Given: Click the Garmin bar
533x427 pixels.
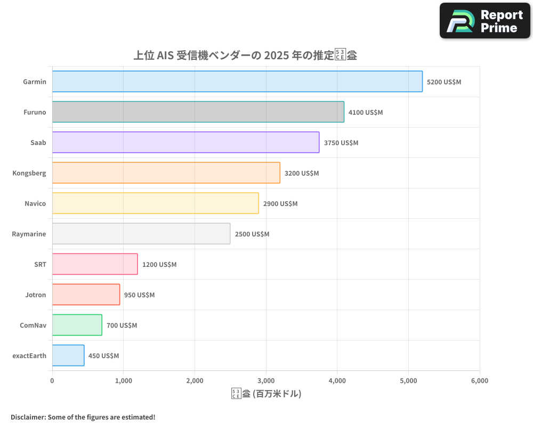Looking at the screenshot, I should coord(237,82).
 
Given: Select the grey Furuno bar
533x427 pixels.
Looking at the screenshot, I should coord(198,112).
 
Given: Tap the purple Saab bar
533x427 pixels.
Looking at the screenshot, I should coord(185,143).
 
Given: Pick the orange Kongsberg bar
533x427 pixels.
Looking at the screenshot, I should coord(166,173).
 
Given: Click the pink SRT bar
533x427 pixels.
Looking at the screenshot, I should coord(95,264).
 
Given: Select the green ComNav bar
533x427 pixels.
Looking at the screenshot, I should coord(77,325).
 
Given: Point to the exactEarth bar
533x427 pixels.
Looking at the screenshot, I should coord(68,355).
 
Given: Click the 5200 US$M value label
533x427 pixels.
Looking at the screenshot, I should coord(444,82).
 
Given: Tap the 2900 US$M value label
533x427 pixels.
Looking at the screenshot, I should coord(280,204).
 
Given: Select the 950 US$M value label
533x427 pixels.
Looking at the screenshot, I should coord(139,295).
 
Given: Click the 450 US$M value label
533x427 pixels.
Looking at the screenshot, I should coord(103,356).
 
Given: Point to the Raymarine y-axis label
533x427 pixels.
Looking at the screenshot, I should coord(29,234).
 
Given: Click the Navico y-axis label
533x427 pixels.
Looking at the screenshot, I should coord(35,203).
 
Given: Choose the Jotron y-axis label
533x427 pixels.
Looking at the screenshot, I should coord(35,295).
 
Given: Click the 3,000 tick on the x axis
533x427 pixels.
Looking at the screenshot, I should coord(266,381).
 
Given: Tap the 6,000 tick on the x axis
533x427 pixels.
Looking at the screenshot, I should coord(479,381).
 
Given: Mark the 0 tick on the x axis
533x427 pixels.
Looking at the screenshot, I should coord(52,381).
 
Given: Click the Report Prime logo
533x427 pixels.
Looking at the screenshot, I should coord(485,21).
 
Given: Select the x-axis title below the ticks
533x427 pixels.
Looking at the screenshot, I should coord(266,394).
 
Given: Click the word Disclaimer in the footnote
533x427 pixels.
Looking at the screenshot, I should coord(27,417).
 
